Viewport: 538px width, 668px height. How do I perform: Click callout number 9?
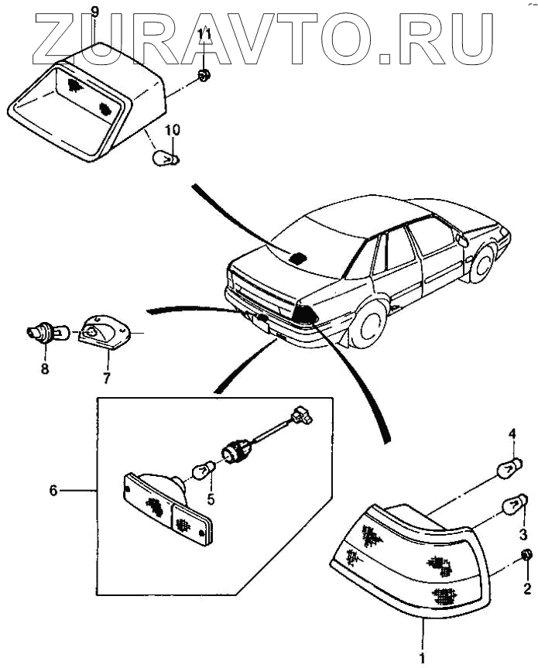94,11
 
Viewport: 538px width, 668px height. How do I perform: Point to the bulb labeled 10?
166,158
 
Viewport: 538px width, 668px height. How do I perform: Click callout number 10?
172,128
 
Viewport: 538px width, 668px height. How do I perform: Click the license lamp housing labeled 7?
103,333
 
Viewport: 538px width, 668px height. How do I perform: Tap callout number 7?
107,379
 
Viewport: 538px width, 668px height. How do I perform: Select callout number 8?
44,369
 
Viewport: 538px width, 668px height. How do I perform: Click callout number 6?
53,491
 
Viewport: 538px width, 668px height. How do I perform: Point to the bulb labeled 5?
203,468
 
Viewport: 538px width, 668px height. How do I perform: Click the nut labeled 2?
526,556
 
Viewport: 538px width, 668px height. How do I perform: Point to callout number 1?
423,658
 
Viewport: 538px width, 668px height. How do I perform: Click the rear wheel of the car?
368,322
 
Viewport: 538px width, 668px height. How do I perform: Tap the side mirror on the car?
463,241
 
